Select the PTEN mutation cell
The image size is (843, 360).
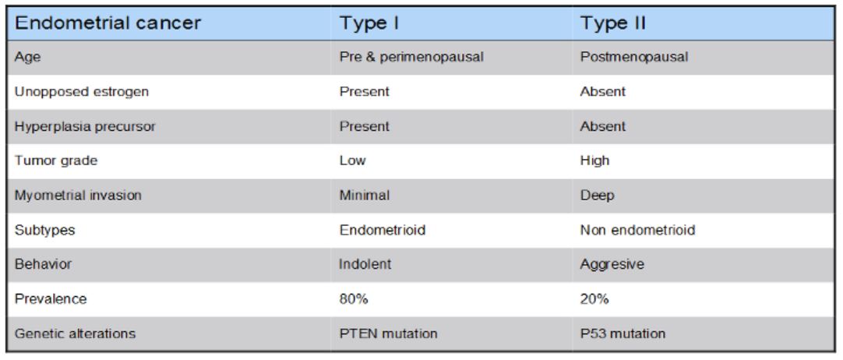click(377, 334)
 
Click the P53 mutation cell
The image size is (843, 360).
click(616, 334)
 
